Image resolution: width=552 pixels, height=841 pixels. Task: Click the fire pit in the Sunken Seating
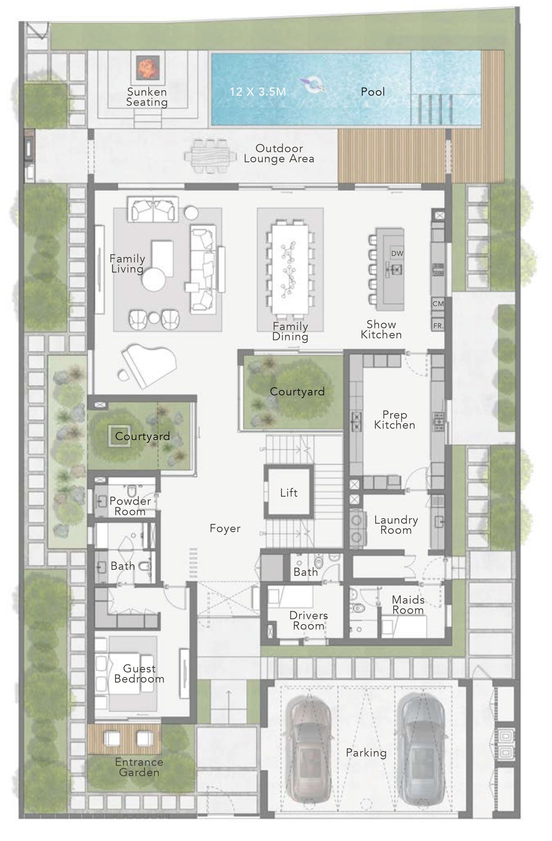[x=148, y=67]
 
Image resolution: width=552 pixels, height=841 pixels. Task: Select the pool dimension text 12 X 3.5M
[x=257, y=91]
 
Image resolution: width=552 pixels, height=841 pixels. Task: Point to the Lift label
[x=289, y=493]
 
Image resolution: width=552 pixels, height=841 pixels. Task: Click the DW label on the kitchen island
[x=397, y=254]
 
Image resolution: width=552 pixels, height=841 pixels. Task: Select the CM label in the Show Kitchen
[x=438, y=304]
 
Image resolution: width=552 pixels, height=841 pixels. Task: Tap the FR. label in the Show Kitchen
[x=438, y=326]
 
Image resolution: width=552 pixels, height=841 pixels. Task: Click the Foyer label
[x=225, y=529]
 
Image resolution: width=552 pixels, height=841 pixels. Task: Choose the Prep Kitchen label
[x=395, y=420]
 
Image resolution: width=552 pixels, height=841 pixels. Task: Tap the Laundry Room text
[x=396, y=525]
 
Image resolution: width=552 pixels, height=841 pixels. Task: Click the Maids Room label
[x=408, y=605]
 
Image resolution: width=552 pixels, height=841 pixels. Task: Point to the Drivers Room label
[x=309, y=621]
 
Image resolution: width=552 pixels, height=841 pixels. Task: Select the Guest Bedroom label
[x=139, y=674]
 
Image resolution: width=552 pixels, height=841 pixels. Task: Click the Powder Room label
[x=130, y=506]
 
